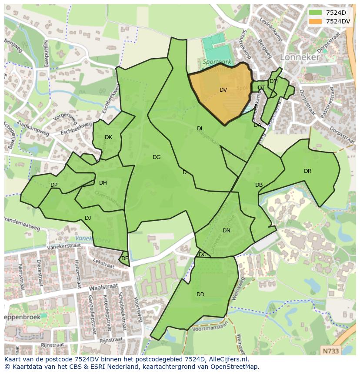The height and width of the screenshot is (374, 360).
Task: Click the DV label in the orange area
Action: pyautogui.click(x=223, y=90)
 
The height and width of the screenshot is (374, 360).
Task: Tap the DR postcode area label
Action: pyautogui.click(x=307, y=171)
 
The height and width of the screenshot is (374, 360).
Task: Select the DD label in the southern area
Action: pyautogui.click(x=200, y=295)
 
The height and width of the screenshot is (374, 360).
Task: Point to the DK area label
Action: pyautogui.click(x=108, y=137)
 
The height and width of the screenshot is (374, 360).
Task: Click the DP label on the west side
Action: pyautogui.click(x=54, y=185)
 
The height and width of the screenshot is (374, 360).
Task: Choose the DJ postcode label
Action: pyautogui.click(x=88, y=218)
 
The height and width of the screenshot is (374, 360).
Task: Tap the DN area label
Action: pyautogui.click(x=226, y=231)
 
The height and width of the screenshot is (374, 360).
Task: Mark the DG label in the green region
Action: pyautogui.click(x=157, y=157)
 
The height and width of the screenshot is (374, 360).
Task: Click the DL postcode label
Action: pyautogui.click(x=200, y=129)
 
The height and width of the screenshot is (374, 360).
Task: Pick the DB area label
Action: pyautogui.click(x=259, y=185)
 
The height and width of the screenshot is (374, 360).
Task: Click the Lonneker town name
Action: pyautogui.click(x=300, y=57)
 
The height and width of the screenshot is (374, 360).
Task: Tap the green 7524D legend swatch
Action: pyautogui.click(x=315, y=13)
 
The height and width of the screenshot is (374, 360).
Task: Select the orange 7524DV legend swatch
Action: pyautogui.click(x=315, y=21)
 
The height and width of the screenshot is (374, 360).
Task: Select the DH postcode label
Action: pyautogui.click(x=103, y=183)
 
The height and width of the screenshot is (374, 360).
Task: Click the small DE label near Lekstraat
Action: pyautogui.click(x=125, y=258)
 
